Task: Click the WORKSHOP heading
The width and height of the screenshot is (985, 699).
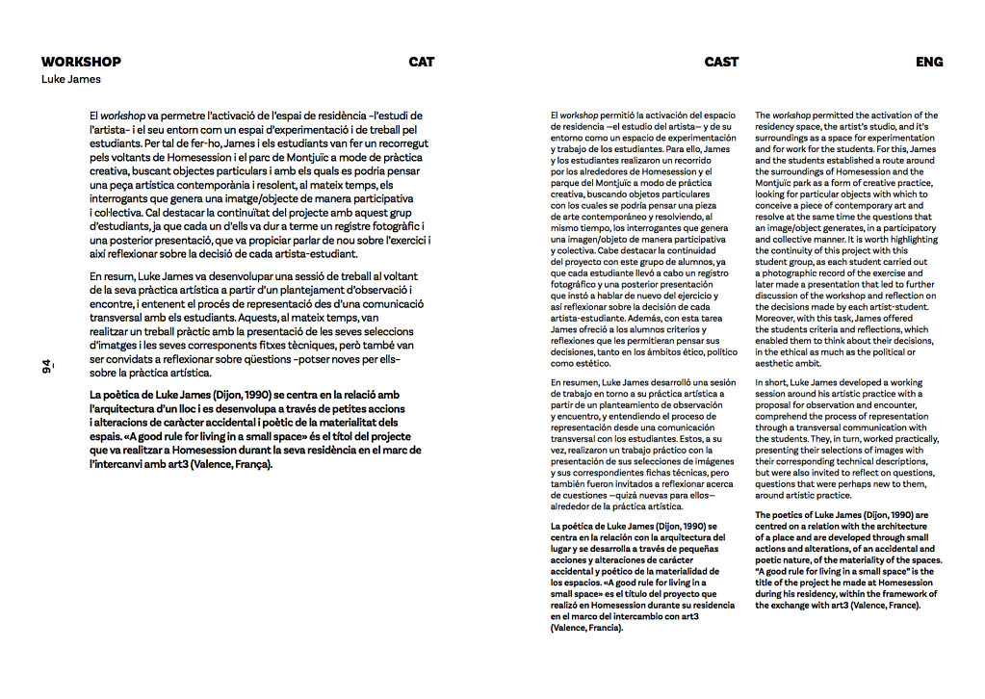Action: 81,62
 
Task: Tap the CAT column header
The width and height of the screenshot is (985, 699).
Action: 421,62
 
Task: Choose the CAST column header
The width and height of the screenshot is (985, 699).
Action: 721,62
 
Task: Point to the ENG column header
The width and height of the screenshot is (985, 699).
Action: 929,62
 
